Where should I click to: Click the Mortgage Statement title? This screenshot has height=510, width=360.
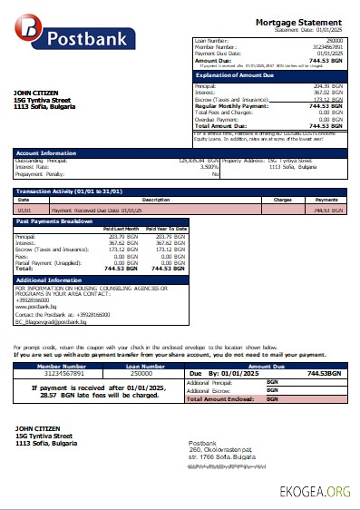[x=298, y=21]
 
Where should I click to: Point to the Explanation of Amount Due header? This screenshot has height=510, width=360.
[x=235, y=75]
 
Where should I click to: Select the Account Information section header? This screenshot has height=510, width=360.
[x=43, y=152]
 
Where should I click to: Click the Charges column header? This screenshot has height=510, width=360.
[x=282, y=200]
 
